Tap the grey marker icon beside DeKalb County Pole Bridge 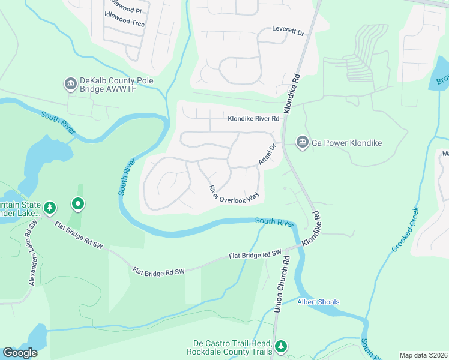pos(71,83)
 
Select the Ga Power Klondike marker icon pos(301,142)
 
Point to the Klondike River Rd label pos(253,119)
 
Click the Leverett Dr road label pos(288,29)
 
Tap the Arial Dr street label pos(267,155)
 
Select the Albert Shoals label pos(318,302)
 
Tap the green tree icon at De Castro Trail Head pos(280,346)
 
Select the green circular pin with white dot pos(78,205)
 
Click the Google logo pos(20,353)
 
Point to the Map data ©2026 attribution pos(423,355)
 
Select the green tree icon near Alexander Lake pos(50,208)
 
